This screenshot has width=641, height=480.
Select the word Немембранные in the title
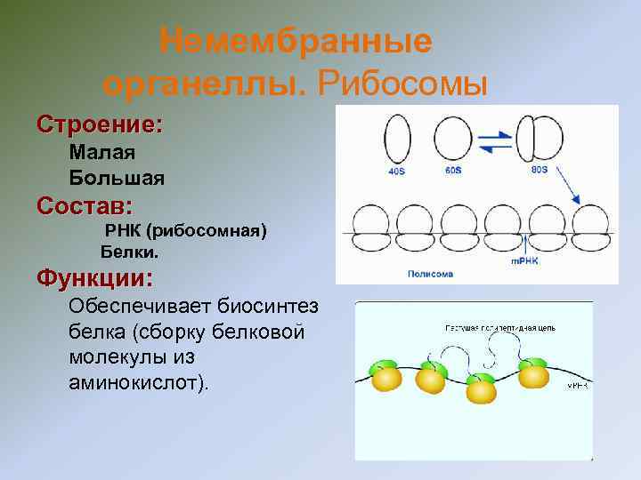(x=296, y=41)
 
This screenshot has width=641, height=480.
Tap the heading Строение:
(x=99, y=124)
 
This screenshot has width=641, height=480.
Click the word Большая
(x=117, y=178)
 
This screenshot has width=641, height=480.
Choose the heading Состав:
(x=85, y=206)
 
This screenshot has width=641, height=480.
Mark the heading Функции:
(x=94, y=278)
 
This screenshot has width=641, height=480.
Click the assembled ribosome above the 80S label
(x=540, y=138)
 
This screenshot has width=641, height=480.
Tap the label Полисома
(x=430, y=274)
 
